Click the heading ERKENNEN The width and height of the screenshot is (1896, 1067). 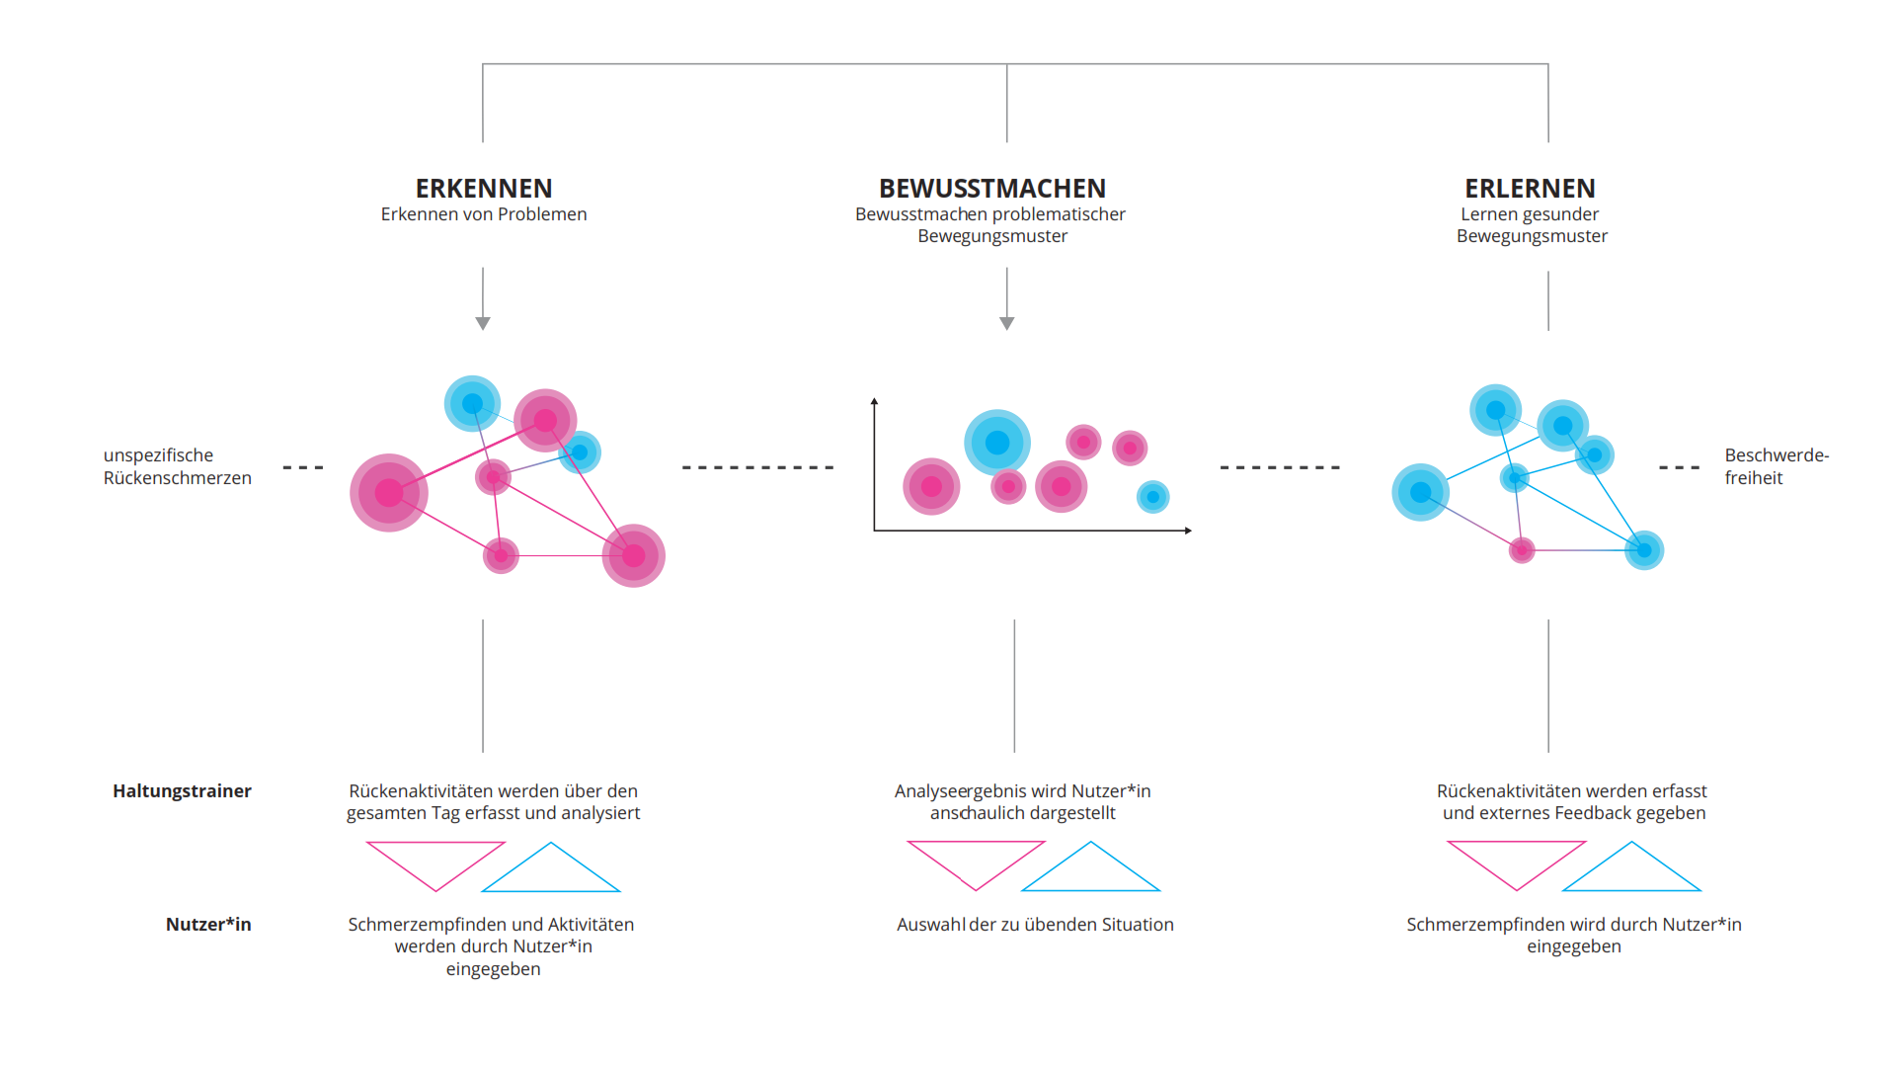[484, 188]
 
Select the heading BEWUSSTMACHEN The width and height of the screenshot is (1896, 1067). [992, 188]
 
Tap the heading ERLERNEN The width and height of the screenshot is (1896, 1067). [1530, 188]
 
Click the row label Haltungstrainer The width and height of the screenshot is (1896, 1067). [182, 790]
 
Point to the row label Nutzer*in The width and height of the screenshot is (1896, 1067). [208, 924]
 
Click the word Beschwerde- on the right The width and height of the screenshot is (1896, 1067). [1777, 454]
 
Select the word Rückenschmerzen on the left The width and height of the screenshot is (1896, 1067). [178, 478]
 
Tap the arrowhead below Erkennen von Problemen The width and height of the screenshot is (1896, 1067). [483, 323]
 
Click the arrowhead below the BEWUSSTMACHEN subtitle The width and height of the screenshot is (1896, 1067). [1007, 323]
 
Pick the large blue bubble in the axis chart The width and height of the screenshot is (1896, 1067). [997, 443]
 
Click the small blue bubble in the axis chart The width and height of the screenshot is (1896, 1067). [1152, 497]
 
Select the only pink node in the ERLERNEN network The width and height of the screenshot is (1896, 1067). [1522, 549]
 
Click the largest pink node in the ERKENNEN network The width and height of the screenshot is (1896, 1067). [389, 493]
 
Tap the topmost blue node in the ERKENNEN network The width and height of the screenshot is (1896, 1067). [472, 403]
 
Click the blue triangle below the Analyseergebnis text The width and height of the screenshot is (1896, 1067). [1090, 874]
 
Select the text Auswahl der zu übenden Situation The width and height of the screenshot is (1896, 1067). [1035, 925]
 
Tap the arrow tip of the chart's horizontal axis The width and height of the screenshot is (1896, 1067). [1191, 531]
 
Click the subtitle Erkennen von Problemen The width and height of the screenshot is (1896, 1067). [484, 214]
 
